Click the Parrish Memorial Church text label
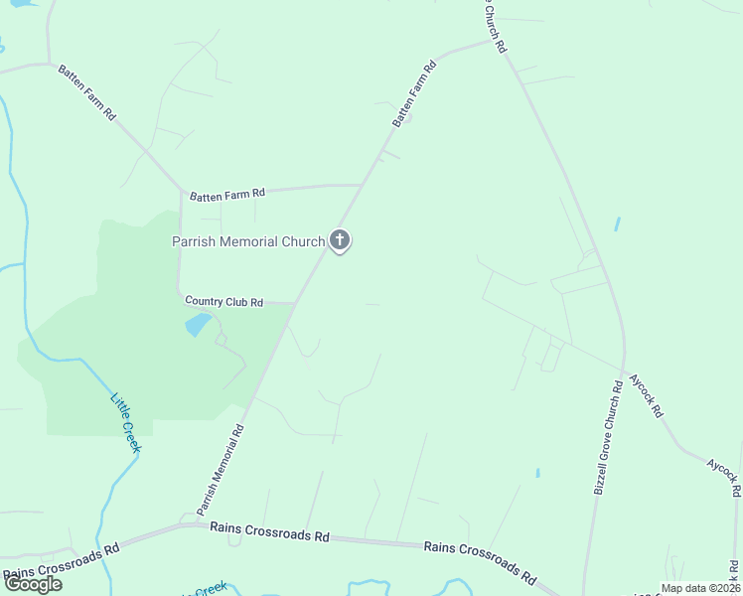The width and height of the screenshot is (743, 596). coord(248,241)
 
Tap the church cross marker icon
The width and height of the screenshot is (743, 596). coord(340,239)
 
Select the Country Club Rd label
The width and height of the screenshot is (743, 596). coord(224,301)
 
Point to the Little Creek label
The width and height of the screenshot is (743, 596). coord(126,422)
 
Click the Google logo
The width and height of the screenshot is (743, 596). coord(33,583)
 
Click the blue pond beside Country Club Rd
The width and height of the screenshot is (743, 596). coord(199,324)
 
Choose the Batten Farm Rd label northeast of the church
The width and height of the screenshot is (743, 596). coord(414,95)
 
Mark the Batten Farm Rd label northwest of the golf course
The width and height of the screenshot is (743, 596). coord(87,93)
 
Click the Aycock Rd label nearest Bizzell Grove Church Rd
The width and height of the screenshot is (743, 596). coord(646,396)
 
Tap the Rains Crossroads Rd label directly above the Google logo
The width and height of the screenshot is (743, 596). coord(62,562)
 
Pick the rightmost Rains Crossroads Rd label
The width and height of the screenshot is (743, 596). coord(480,561)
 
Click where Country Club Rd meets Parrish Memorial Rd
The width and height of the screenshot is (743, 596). coord(296,303)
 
